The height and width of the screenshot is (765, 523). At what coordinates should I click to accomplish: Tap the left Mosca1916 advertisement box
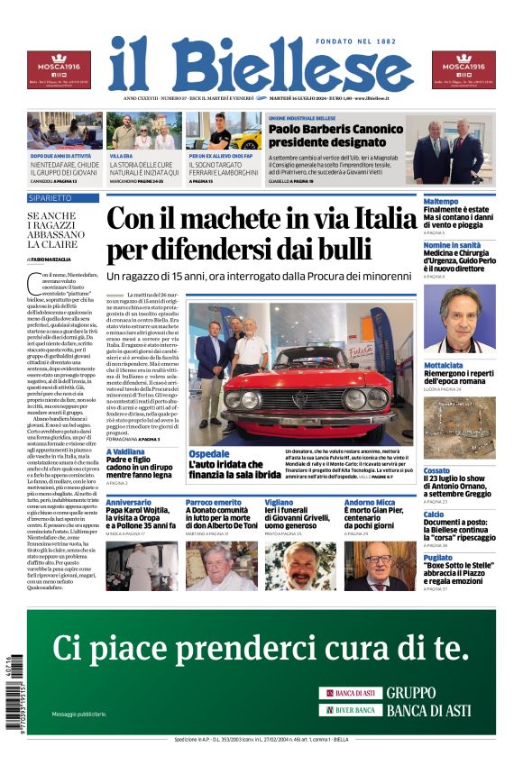58,70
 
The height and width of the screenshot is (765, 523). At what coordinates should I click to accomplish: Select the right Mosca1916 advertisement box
463,70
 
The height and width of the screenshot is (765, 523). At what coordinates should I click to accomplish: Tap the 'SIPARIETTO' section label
50,197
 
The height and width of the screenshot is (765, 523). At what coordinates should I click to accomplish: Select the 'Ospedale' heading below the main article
209,453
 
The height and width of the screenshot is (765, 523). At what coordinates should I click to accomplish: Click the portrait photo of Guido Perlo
460,318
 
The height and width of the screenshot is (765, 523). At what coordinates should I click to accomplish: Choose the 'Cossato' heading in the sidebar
437,470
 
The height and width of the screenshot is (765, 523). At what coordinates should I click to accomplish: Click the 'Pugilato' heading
440,558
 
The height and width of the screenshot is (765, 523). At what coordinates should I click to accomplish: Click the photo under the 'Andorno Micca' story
380,565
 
